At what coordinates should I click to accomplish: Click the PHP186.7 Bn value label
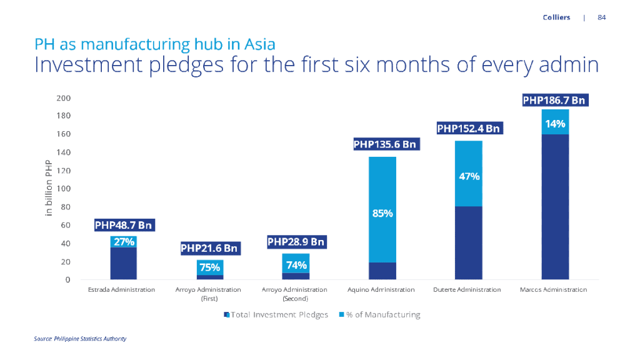[555, 100]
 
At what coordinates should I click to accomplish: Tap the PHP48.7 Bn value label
[123, 225]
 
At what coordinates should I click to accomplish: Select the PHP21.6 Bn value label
[209, 248]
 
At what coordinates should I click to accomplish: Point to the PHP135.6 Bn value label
[384, 144]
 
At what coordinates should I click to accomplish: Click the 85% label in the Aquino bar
[382, 213]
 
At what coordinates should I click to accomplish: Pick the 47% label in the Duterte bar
[469, 176]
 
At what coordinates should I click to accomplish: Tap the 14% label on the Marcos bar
[555, 124]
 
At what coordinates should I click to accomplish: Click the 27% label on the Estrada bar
[123, 242]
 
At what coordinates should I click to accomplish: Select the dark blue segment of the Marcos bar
[555, 206]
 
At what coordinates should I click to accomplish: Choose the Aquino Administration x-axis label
[382, 290]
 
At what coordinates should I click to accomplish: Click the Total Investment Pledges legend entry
[276, 315]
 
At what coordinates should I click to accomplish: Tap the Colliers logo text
[556, 17]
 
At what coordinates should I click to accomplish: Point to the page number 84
[602, 17]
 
